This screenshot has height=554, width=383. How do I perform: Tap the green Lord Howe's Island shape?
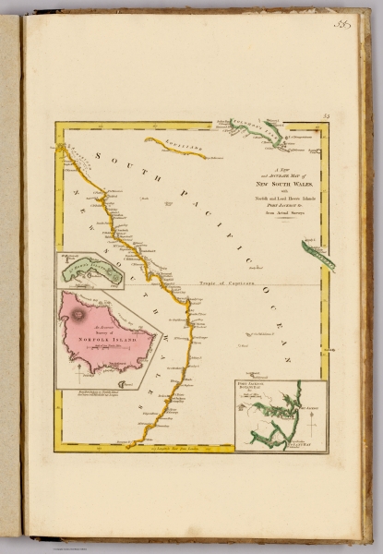(95, 271)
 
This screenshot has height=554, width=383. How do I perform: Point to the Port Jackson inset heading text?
(254, 387)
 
